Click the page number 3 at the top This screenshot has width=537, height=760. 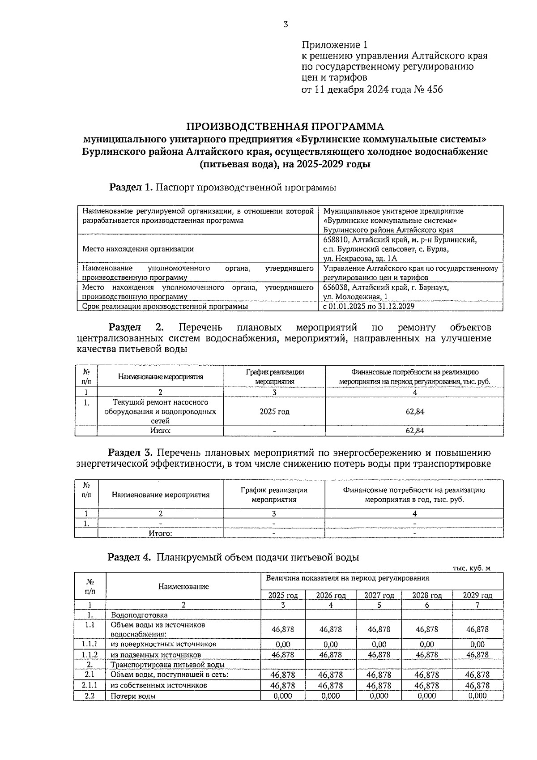coord(286,25)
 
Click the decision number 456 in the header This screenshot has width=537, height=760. coord(434,90)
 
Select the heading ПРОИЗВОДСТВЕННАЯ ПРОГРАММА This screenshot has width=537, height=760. coord(285,126)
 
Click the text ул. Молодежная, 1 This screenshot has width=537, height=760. coord(355,296)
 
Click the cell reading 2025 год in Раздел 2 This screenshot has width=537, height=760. coord(274,411)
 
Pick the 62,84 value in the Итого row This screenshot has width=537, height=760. coord(414,431)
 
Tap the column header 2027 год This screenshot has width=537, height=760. coord(379,595)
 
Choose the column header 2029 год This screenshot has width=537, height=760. coord(477,595)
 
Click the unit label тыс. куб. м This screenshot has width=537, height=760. coord(472,568)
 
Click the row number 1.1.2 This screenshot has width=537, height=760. coord(89,654)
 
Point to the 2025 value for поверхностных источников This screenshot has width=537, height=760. coord(283,645)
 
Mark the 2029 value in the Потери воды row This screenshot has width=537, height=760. coord(477,696)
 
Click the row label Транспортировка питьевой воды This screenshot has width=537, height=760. coord(167,665)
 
